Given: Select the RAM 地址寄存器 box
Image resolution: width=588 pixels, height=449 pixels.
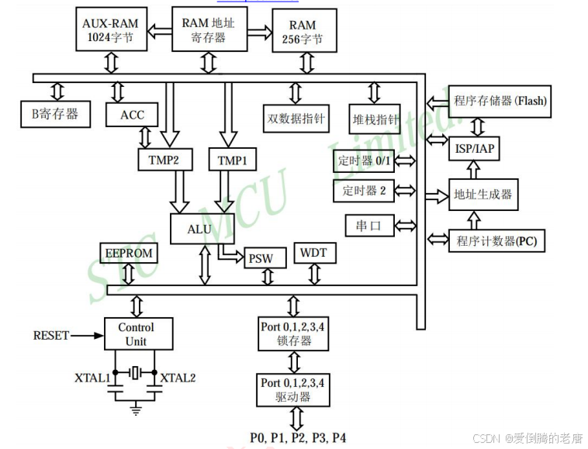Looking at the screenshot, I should tap(208, 29).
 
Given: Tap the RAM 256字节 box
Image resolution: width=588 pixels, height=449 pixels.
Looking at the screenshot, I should tap(304, 31).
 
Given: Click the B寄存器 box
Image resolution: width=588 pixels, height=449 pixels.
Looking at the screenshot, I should tap(54, 114).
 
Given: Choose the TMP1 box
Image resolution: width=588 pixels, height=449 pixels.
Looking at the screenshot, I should tap(232, 160).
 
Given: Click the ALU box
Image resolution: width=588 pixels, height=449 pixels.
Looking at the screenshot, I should tap(199, 229).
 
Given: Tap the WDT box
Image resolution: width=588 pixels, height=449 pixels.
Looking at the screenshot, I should tap(313, 253).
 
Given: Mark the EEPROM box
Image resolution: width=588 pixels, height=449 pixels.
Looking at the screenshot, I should tap(128, 253).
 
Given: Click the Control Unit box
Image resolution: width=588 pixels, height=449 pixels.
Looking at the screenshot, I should tap(138, 334).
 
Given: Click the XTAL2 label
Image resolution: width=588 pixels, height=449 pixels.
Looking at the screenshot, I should tap(178, 378).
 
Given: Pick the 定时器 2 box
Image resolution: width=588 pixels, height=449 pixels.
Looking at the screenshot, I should tap(365, 190).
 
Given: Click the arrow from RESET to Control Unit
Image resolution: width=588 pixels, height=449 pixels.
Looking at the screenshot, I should tap(86, 336).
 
